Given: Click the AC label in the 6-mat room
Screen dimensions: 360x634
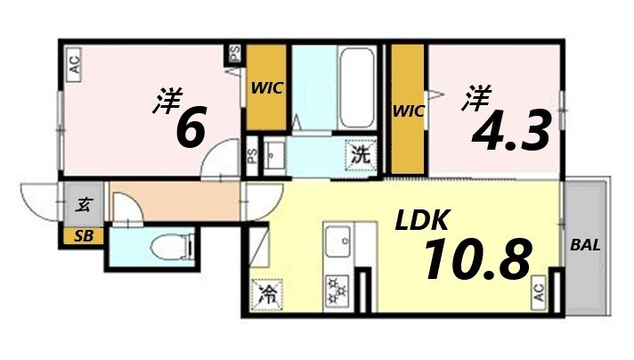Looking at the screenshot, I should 75,64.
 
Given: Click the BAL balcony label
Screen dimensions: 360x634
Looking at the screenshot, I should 585,244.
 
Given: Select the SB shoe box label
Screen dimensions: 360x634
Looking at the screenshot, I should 83,236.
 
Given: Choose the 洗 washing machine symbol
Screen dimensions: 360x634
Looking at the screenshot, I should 360,153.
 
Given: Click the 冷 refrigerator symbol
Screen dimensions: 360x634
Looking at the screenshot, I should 265,293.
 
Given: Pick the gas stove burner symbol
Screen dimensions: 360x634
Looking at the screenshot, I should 337,290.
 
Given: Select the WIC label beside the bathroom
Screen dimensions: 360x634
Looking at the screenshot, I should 265,88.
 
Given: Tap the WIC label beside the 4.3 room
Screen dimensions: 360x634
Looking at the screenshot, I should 409,110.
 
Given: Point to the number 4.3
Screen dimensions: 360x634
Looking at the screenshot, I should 509,134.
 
